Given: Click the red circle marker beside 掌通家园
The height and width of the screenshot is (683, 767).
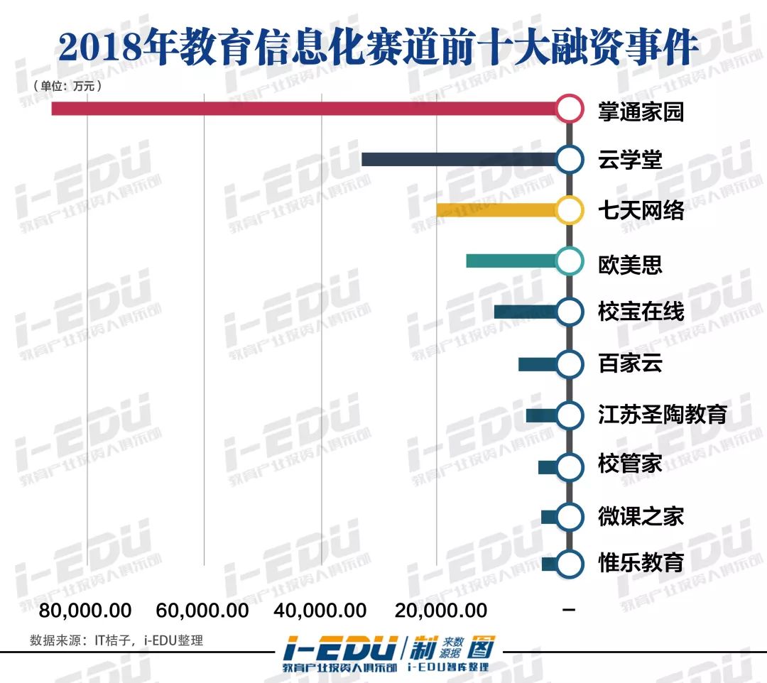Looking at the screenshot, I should tap(569, 109).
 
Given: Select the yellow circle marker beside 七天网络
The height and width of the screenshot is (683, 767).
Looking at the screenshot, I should tap(569, 210).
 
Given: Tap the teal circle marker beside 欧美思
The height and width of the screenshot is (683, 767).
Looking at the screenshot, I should tap(569, 261).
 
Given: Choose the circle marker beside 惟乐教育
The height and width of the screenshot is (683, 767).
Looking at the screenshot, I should tap(569, 564).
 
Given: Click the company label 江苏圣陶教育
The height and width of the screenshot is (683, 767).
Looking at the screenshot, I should tap(662, 414).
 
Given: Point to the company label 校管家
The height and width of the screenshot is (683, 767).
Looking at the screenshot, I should tap(630, 465).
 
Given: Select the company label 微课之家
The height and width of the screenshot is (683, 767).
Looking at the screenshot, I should tap(641, 516).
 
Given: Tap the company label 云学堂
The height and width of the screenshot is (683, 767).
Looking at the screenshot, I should tap(630, 160).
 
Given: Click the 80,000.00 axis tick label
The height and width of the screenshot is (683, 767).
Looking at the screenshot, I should tap(85, 610).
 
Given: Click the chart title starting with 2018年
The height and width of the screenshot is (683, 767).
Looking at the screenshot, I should tap(379, 47).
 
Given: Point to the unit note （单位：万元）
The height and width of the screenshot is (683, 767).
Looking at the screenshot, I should tap(67, 86).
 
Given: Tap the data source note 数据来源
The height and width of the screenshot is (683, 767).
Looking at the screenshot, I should tap(116, 640).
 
